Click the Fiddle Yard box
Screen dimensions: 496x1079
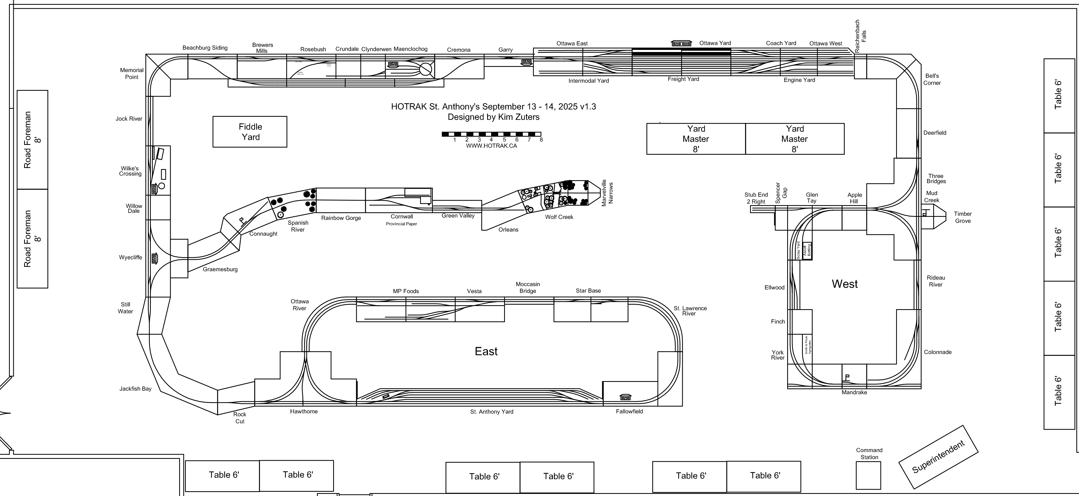click(x=250, y=132)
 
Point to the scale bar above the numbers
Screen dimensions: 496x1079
click(x=491, y=134)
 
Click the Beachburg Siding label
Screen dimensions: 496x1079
click(x=205, y=48)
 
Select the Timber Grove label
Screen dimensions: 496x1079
click(x=963, y=217)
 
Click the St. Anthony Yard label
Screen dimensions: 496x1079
click(x=491, y=412)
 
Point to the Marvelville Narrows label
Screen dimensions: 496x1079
click(x=607, y=193)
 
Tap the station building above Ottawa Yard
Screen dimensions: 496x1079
click(x=681, y=44)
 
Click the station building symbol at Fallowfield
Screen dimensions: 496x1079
click(x=625, y=397)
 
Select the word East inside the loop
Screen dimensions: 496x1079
click(x=486, y=351)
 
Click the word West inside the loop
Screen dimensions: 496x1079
click(x=844, y=284)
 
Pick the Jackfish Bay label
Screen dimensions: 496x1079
click(x=135, y=389)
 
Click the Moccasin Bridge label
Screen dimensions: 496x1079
click(x=528, y=288)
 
